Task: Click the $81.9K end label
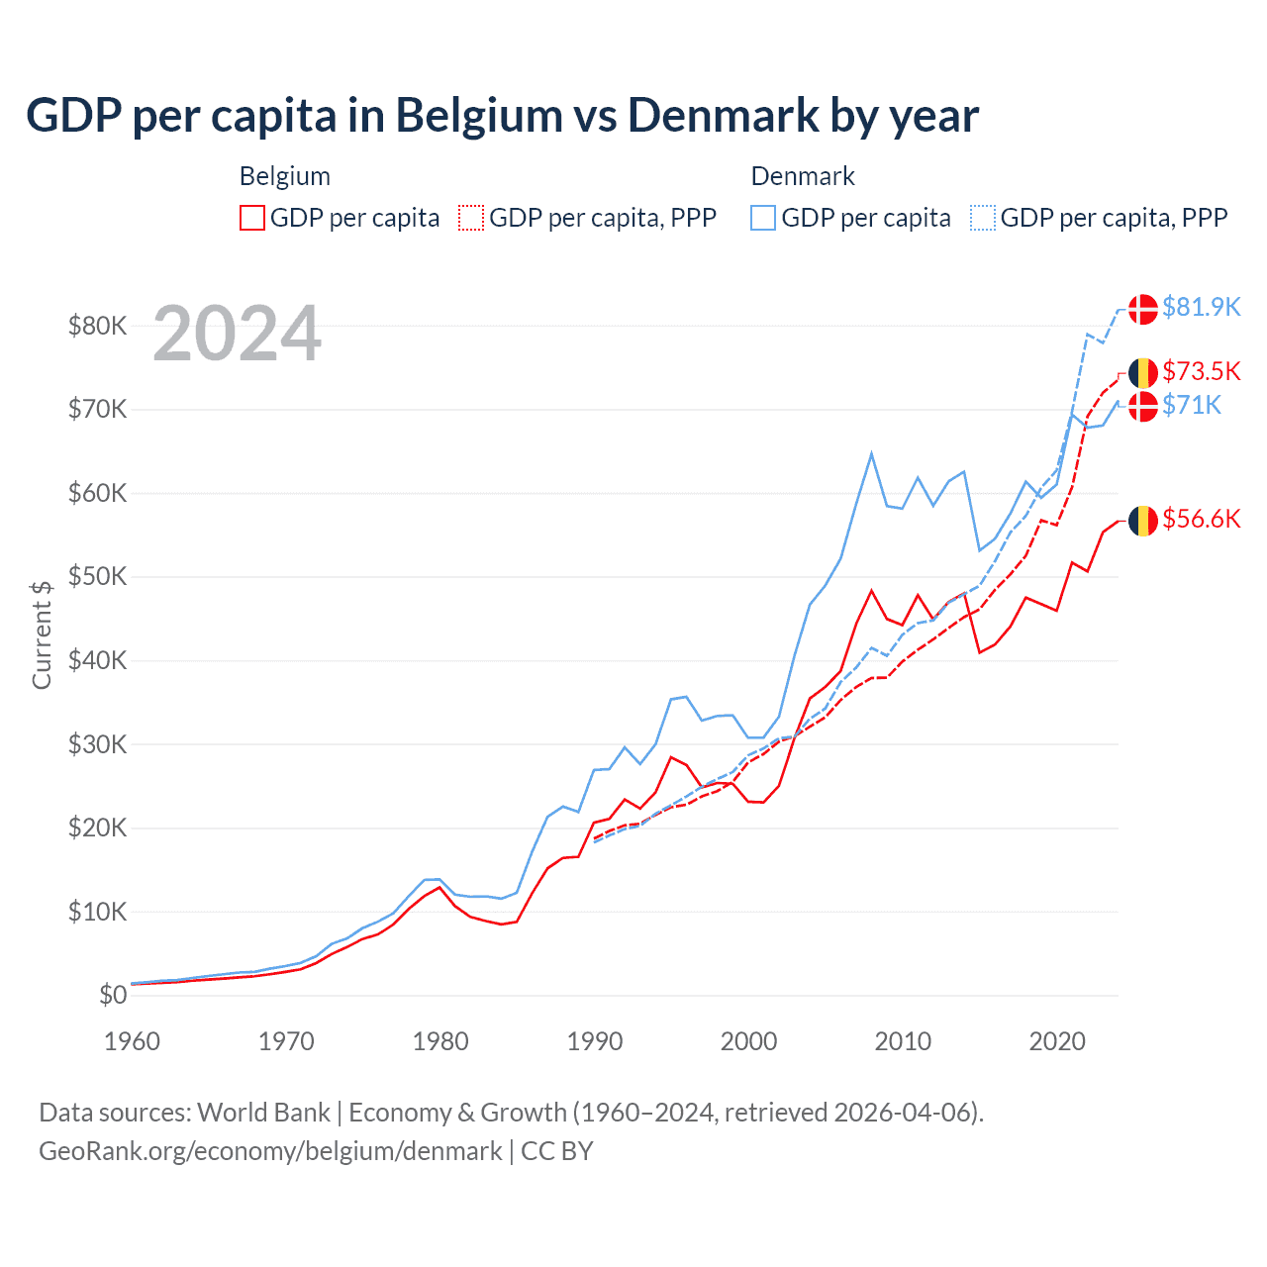1201,307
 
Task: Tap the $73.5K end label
1201,371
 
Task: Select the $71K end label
1192,405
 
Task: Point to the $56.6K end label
1201,519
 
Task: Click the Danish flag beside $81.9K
1143,309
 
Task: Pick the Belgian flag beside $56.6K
1143,521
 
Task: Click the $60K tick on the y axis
97,493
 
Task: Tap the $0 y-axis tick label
113,995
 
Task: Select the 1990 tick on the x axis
595,1041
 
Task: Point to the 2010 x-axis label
903,1041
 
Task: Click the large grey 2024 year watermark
238,334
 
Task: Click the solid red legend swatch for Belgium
252,218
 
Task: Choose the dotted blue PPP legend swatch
983,218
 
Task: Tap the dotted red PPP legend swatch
471,218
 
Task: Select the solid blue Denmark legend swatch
763,218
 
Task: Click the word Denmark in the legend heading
803,176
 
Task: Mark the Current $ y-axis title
42,634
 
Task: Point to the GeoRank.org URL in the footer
270,1151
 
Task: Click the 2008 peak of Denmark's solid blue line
871,453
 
